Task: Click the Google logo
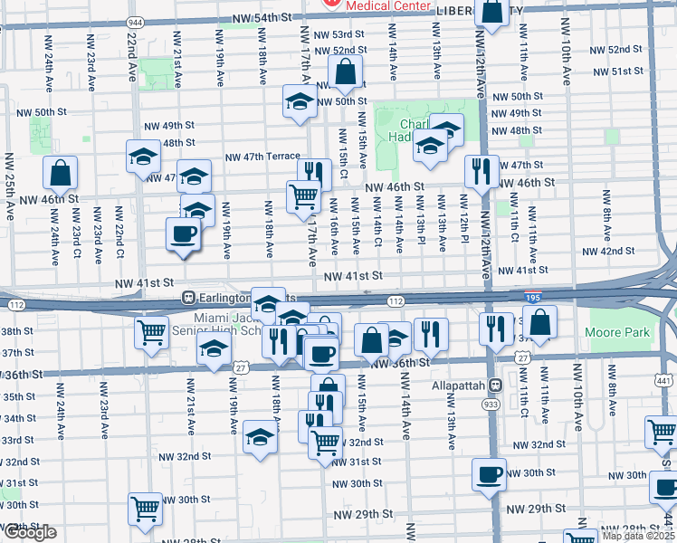[x=29, y=533]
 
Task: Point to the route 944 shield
[x=136, y=21]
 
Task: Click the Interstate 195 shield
[x=533, y=296]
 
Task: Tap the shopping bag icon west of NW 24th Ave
[x=60, y=171]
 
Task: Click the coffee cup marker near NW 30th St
[x=490, y=474]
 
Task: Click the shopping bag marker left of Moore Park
[x=539, y=322]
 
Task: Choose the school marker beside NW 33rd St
[x=260, y=439]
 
